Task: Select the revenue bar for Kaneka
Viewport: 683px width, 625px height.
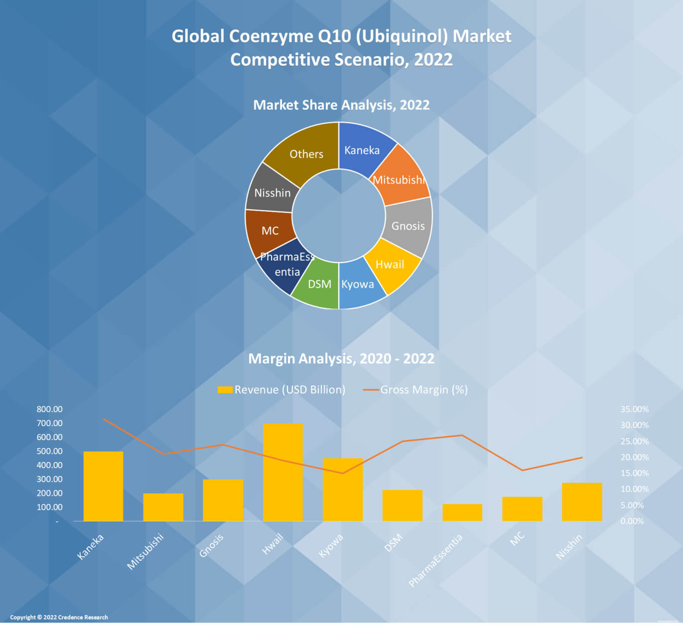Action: tap(103, 485)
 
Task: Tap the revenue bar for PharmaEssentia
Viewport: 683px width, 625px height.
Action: tap(462, 512)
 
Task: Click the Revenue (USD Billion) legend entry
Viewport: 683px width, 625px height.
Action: tap(282, 390)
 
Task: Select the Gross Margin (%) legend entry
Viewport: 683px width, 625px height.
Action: tap(416, 390)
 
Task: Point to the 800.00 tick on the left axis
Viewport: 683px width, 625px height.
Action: tap(49, 409)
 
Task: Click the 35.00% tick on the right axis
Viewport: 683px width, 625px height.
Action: tap(634, 409)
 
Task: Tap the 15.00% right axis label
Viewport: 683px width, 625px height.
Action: tap(634, 473)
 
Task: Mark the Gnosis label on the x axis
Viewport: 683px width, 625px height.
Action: tap(211, 545)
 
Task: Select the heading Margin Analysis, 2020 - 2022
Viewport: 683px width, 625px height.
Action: tap(341, 358)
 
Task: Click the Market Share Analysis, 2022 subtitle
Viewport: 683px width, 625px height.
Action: tap(341, 105)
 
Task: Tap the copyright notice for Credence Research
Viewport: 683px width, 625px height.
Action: tap(59, 617)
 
